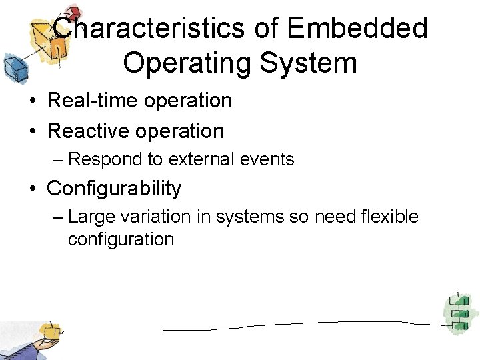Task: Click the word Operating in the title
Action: coord(186,64)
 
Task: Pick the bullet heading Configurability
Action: coord(114,189)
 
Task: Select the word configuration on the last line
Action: coord(121,239)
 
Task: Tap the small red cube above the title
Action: coord(73,11)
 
